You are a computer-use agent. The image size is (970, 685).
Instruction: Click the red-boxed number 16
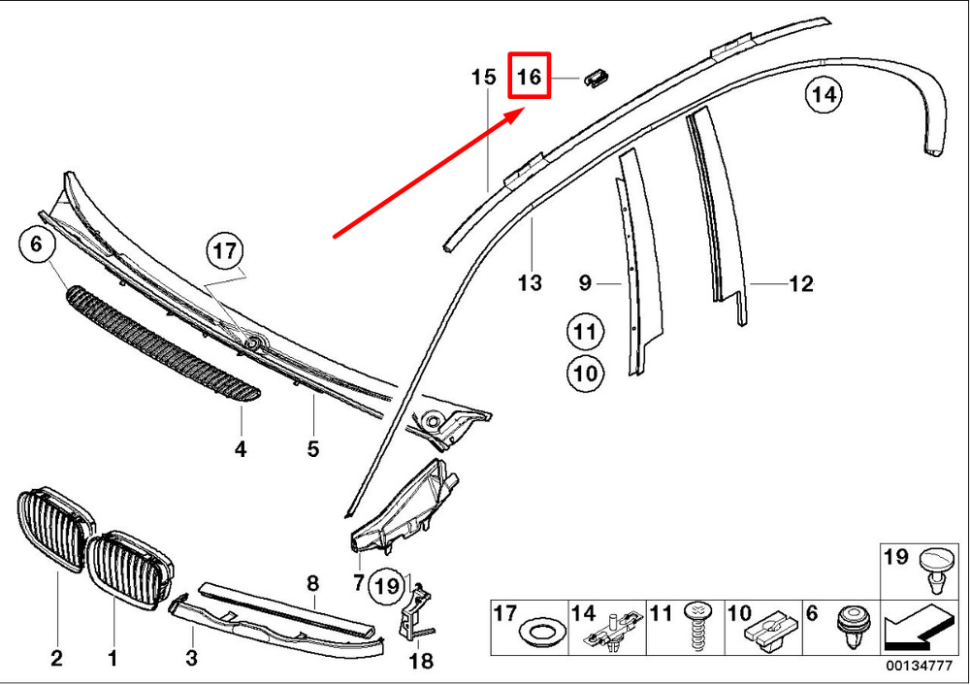[x=530, y=77]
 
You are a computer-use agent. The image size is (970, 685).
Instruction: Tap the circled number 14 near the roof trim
[x=824, y=95]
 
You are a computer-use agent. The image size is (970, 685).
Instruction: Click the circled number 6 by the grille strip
[x=36, y=245]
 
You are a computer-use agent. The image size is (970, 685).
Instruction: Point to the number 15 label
[x=484, y=77]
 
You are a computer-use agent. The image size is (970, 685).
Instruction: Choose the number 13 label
[x=530, y=283]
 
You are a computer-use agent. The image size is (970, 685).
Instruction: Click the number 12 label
[x=800, y=284]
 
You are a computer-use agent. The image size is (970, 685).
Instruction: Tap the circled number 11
[x=585, y=333]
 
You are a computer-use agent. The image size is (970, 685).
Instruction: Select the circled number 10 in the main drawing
[x=585, y=372]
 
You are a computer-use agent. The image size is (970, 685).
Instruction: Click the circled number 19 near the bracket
[x=386, y=585]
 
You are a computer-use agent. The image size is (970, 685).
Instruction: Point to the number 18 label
[x=420, y=662]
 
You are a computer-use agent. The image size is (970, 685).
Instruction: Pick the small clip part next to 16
[x=597, y=78]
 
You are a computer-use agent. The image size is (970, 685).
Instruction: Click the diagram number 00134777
[x=921, y=667]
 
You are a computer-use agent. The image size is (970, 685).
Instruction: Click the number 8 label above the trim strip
[x=312, y=584]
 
